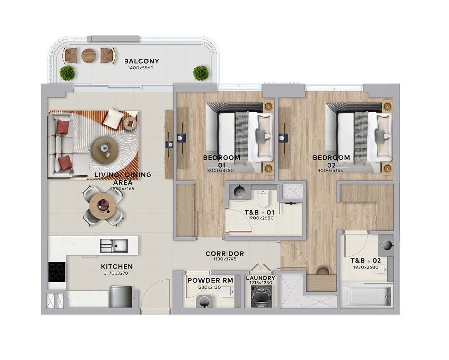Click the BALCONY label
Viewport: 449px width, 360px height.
[142, 61]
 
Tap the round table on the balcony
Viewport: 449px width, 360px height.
[89, 56]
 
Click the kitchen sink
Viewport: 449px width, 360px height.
[114, 246]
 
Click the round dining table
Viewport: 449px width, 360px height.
[102, 205]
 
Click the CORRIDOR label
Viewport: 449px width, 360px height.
[225, 254]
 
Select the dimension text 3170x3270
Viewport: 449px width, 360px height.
[116, 273]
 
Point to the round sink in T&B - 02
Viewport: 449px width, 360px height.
[387, 244]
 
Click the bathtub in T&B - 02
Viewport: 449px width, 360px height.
[366, 297]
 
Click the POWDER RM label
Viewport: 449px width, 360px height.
[210, 281]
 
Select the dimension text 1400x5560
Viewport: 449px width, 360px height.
[141, 68]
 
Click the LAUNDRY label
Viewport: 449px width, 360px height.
[261, 278]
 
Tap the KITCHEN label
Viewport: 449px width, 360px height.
[117, 266]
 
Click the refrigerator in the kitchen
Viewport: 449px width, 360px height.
[121, 297]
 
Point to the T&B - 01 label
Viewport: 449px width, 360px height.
[259, 213]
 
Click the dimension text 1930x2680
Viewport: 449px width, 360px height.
[366, 267]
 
